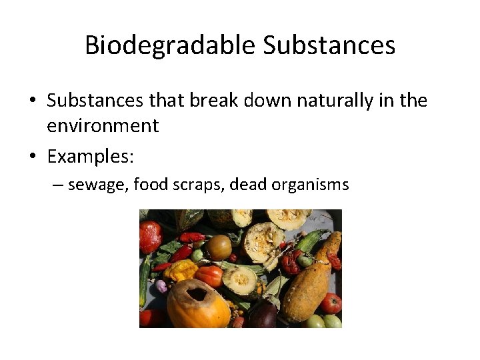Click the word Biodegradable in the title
(171, 45)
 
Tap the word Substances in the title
(329, 45)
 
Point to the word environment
(103, 125)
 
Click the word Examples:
(91, 157)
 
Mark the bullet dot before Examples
(32, 157)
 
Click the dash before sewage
(58, 185)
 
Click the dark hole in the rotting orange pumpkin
(197, 293)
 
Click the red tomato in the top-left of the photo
(150, 237)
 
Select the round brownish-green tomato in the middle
(219, 247)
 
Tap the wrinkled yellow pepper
(181, 270)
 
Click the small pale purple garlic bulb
(161, 286)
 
